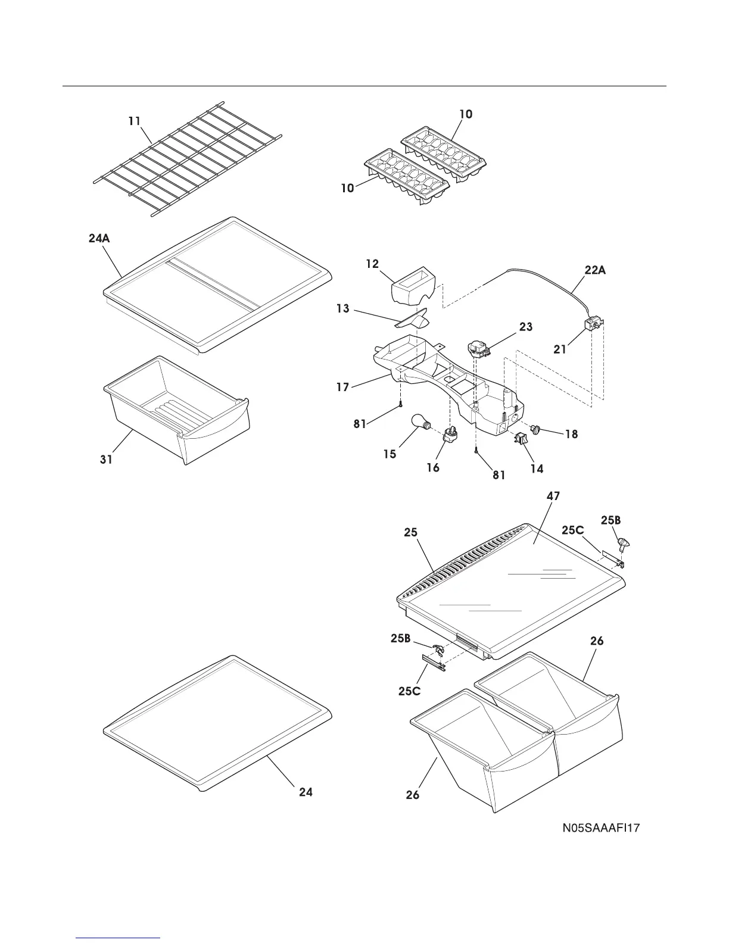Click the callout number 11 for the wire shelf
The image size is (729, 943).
(x=135, y=121)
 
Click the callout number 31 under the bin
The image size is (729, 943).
(x=106, y=460)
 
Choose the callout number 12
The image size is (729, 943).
(x=372, y=264)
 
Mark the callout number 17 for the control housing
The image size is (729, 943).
(x=342, y=387)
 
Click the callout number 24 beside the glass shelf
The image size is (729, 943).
(x=306, y=792)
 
